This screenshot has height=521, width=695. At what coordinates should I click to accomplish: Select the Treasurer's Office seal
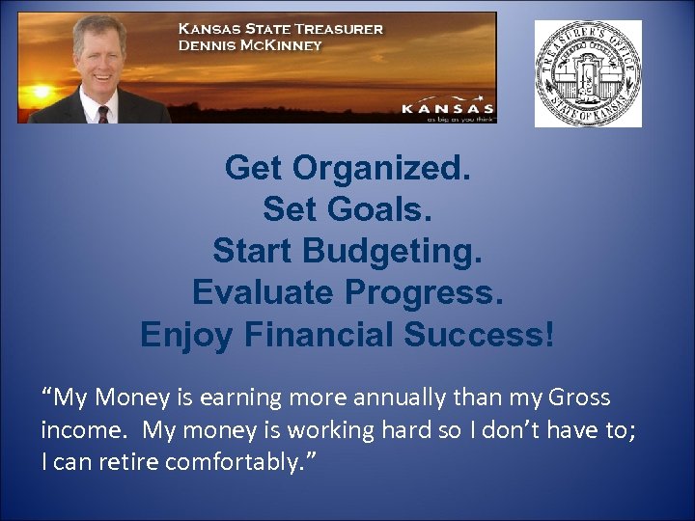click(x=588, y=73)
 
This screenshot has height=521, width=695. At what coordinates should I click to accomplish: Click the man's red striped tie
click(x=103, y=114)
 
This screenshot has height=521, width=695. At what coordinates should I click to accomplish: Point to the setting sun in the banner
click(x=40, y=94)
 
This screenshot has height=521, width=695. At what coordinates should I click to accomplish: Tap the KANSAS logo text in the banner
click(x=447, y=109)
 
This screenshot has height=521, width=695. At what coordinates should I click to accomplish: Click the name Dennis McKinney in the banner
click(x=250, y=45)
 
